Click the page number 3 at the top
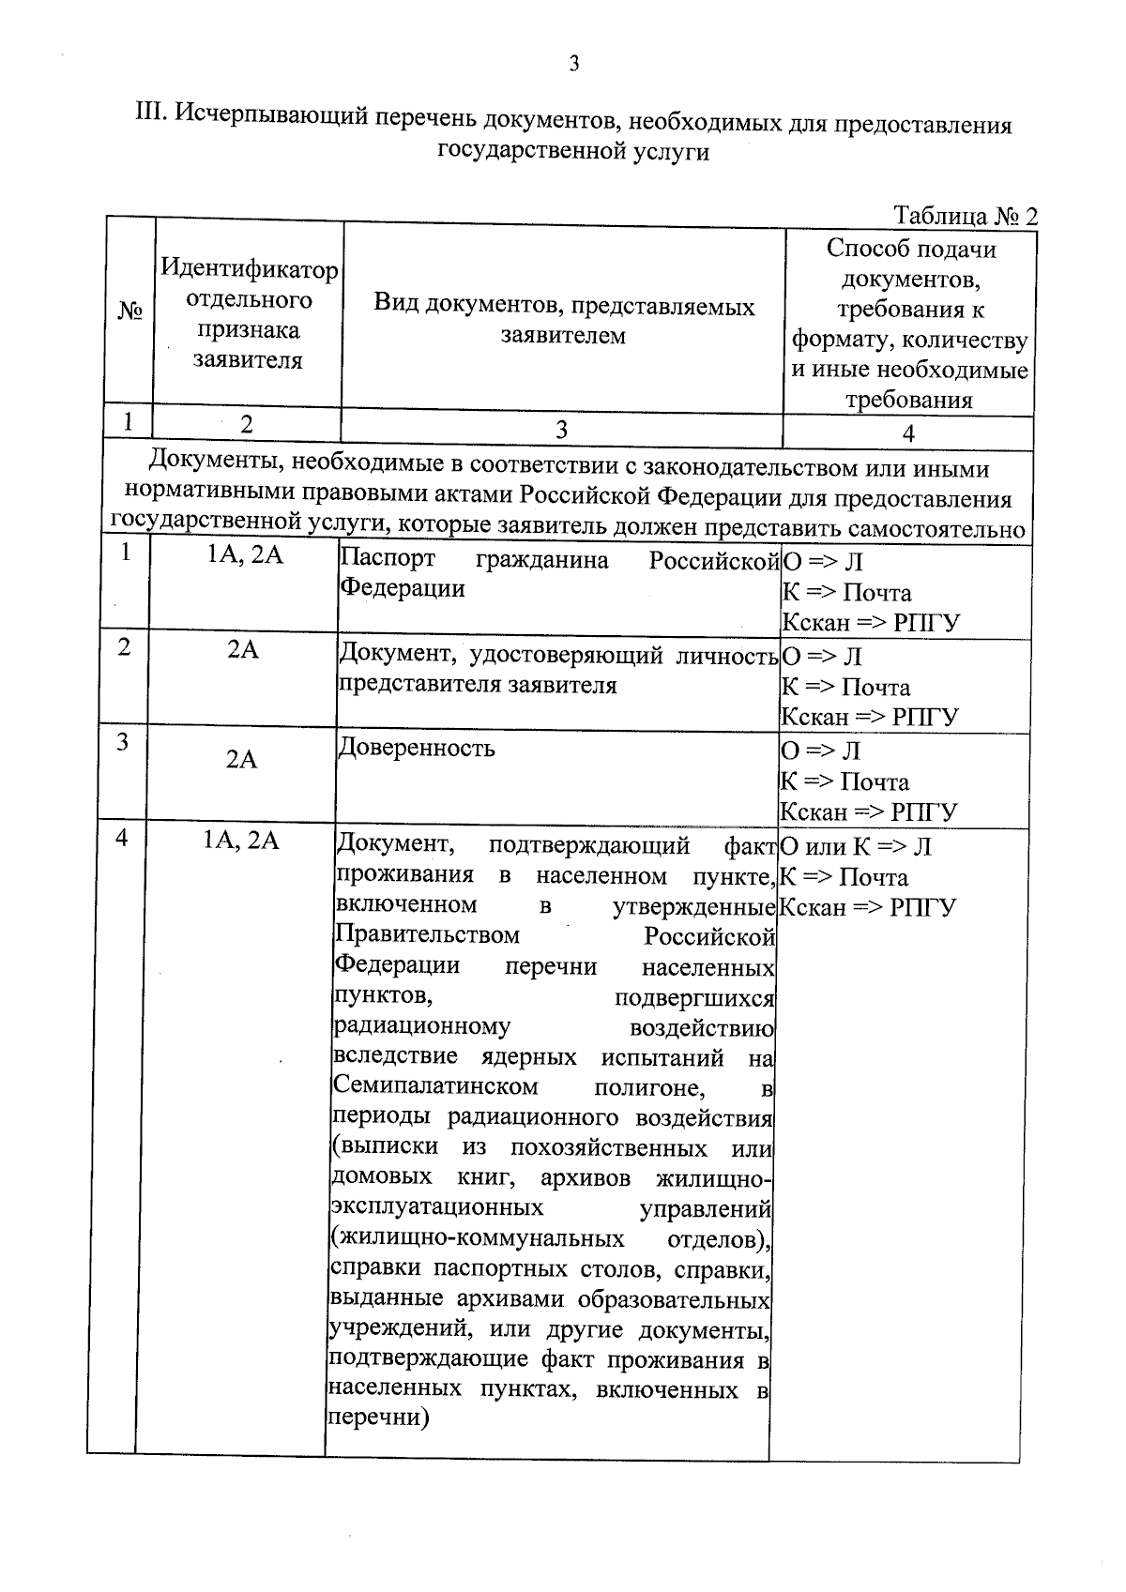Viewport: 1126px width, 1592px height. (x=574, y=64)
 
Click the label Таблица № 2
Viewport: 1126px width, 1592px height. (x=966, y=216)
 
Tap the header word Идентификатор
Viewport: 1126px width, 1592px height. (x=249, y=270)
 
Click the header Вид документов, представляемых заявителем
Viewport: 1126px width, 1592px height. (x=564, y=321)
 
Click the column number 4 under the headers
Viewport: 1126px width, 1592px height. (x=907, y=432)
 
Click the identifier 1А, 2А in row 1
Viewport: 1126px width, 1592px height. (x=244, y=554)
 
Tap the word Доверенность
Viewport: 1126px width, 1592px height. (x=416, y=749)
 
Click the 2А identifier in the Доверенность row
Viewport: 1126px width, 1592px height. (x=242, y=758)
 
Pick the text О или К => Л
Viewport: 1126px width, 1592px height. (x=856, y=847)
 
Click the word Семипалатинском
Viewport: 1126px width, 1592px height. (x=436, y=1087)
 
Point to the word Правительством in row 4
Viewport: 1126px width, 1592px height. (x=427, y=936)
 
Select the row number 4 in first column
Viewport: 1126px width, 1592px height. (x=122, y=837)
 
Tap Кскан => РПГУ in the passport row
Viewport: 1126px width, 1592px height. (x=871, y=623)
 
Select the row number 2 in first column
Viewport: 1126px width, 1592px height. (x=124, y=646)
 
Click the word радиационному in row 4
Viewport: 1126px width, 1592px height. (x=421, y=1026)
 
